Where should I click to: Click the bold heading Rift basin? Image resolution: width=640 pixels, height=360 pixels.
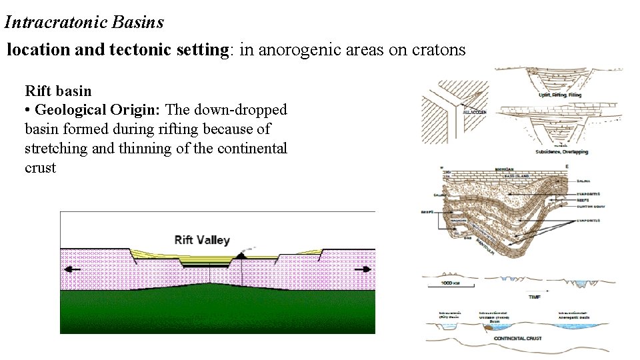[58, 91]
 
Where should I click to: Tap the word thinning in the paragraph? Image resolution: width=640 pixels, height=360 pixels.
[131, 149]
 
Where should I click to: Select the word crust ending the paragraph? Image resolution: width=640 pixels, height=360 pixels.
[40, 168]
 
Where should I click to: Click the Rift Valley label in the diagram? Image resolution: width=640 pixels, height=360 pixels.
[202, 240]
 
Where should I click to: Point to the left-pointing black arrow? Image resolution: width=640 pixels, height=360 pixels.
[73, 269]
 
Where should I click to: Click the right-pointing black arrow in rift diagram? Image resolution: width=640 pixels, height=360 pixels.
[363, 269]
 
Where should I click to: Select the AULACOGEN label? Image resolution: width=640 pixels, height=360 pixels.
[474, 113]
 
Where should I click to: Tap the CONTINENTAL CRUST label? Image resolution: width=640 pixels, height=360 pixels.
[517, 339]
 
